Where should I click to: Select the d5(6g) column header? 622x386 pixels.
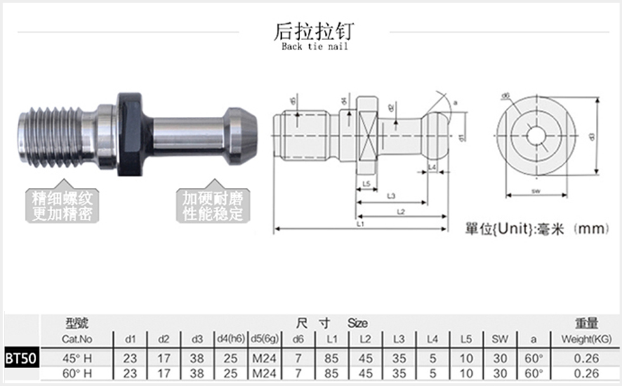[x=264, y=339]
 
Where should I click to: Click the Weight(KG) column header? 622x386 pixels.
[x=586, y=339]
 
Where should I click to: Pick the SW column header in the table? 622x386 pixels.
[x=500, y=339]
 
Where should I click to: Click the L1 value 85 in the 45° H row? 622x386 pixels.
[x=331, y=358]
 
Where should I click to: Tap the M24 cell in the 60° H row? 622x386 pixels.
[x=264, y=373]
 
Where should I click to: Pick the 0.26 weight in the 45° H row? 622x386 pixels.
[x=586, y=358]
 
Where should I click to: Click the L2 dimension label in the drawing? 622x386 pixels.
[x=400, y=211]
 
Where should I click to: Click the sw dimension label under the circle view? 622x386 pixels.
[x=536, y=190]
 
